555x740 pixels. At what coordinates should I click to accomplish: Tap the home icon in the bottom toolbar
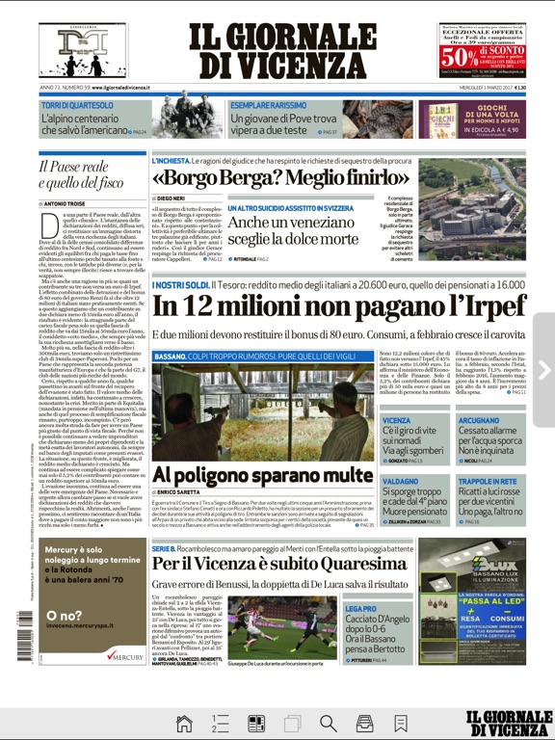tap(184, 723)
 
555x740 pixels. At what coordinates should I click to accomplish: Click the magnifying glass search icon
tap(328, 723)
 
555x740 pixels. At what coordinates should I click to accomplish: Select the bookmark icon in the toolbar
tap(400, 723)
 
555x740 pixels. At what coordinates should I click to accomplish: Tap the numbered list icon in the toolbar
tap(221, 723)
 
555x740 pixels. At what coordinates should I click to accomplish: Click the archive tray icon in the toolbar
tap(364, 723)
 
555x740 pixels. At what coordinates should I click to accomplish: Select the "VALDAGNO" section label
tap(400, 481)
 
